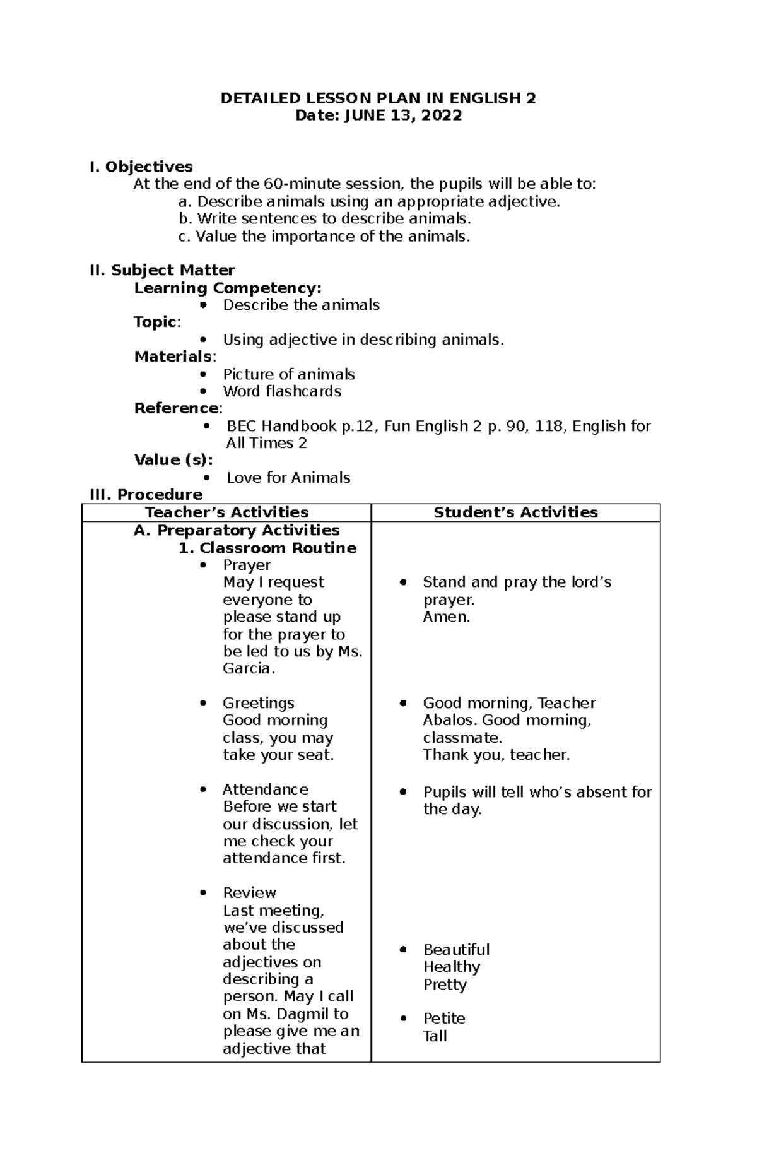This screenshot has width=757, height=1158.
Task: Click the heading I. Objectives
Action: tap(141, 167)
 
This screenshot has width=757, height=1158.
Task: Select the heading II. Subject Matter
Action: tap(162, 270)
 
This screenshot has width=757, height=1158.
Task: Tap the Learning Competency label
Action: tap(228, 288)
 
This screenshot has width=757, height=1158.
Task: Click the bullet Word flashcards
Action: tap(282, 391)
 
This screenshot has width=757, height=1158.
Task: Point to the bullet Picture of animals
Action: tap(288, 374)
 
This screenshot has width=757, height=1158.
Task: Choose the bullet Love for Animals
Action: tap(288, 478)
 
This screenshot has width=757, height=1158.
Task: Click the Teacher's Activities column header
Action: tap(226, 512)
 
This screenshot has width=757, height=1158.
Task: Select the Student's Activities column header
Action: tap(515, 512)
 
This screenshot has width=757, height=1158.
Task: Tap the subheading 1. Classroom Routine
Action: tap(267, 548)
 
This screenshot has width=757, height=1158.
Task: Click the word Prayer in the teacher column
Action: tap(247, 565)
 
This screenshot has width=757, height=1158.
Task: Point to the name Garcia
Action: tap(248, 668)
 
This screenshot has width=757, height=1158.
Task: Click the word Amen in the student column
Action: tap(446, 617)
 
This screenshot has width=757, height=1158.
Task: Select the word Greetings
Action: tap(258, 703)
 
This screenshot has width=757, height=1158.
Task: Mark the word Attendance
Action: tap(265, 789)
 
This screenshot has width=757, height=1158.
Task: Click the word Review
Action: tap(249, 893)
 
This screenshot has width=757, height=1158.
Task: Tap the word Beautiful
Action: tap(456, 950)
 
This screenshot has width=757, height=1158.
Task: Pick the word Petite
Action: tap(444, 1019)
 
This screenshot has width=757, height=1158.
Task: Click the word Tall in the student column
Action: tap(435, 1036)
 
